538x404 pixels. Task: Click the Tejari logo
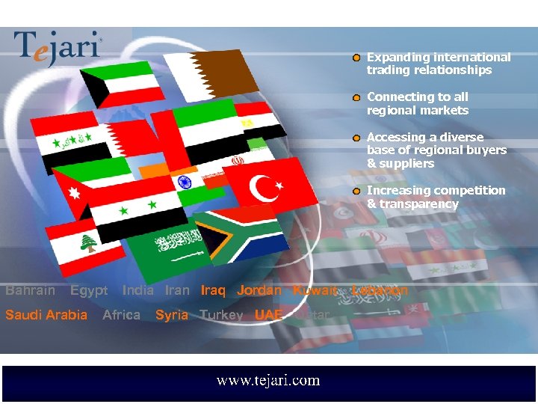click(58, 49)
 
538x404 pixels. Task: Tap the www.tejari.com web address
click(268, 381)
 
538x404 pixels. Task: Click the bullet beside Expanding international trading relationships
click(357, 58)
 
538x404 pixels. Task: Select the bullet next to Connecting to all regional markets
click(357, 97)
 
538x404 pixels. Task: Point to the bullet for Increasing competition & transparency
click(357, 192)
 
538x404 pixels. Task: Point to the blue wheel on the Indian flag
click(182, 183)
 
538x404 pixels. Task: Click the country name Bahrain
click(31, 290)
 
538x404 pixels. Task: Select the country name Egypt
click(89, 291)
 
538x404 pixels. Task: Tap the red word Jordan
click(259, 290)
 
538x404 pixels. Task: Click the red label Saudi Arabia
click(46, 315)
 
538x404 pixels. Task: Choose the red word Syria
click(172, 315)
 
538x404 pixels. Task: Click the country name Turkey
click(221, 315)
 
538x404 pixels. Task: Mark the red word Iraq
click(213, 290)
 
